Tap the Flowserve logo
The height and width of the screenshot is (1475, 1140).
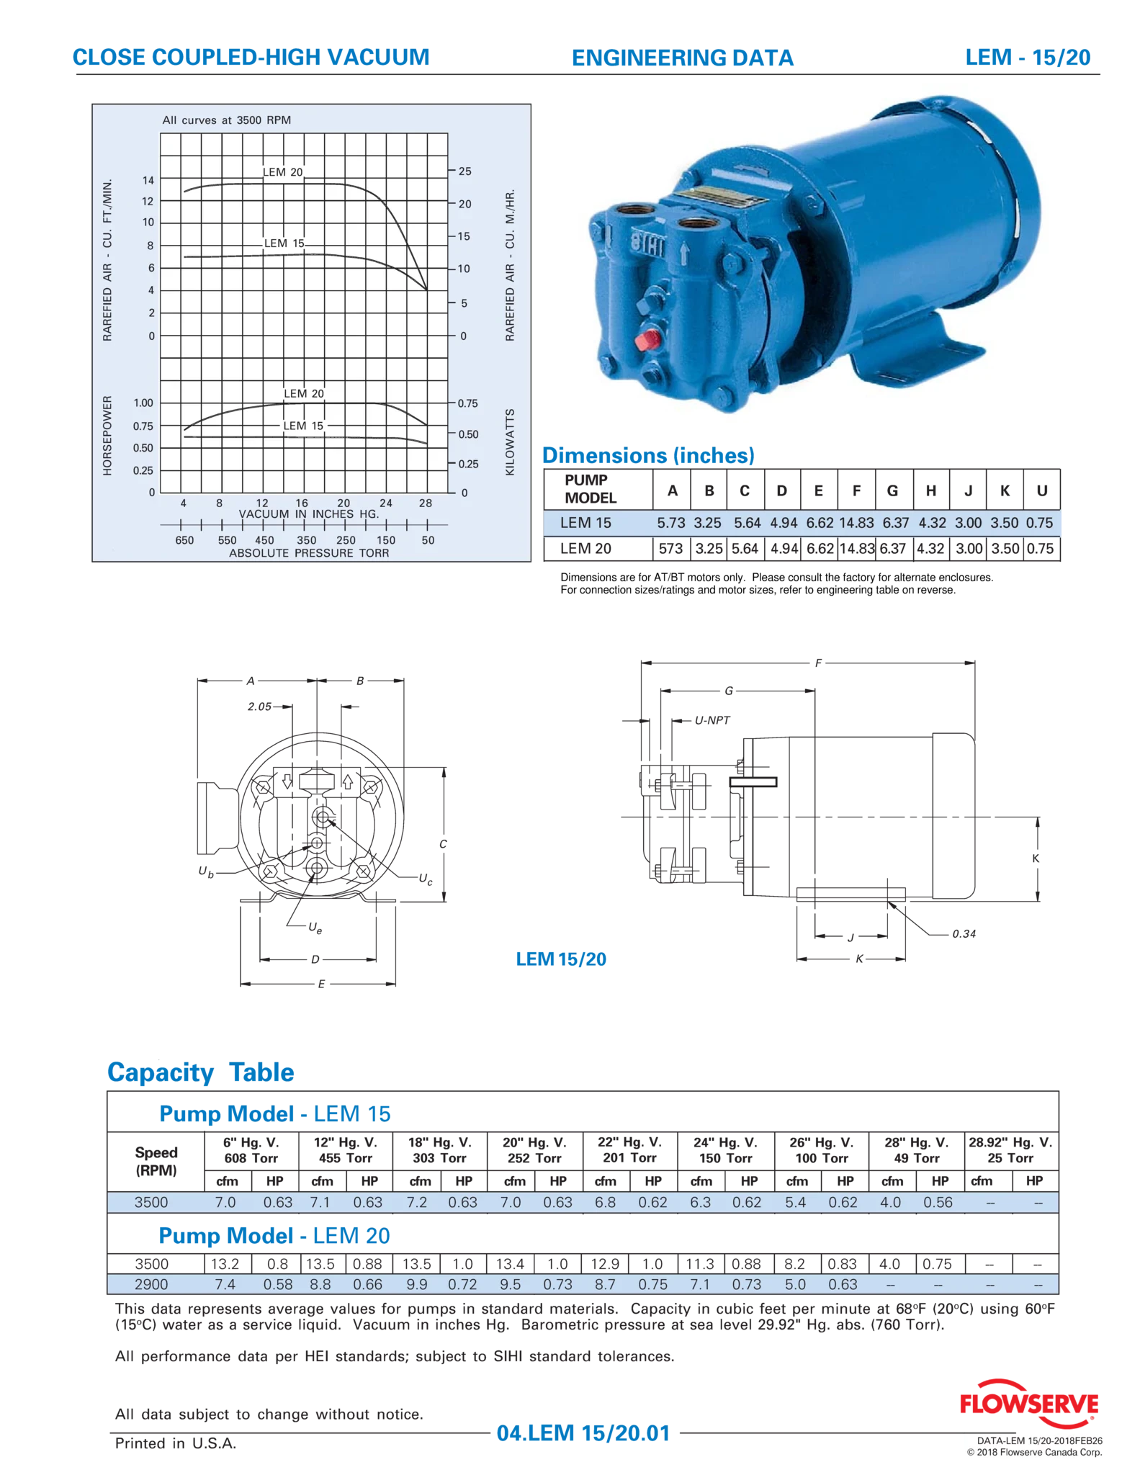(x=1029, y=1403)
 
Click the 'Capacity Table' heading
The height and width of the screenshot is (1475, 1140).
(x=201, y=1072)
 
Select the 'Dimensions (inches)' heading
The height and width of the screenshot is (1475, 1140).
(x=648, y=455)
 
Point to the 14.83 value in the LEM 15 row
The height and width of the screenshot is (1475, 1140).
(x=856, y=523)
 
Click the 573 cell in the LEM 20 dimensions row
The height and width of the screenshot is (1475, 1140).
(x=670, y=548)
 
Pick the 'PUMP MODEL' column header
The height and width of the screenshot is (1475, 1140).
(x=591, y=489)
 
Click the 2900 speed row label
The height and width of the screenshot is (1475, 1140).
(x=151, y=1284)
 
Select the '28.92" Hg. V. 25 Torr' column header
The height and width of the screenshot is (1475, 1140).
(x=1010, y=1150)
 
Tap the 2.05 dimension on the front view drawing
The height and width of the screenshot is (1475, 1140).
(x=259, y=707)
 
